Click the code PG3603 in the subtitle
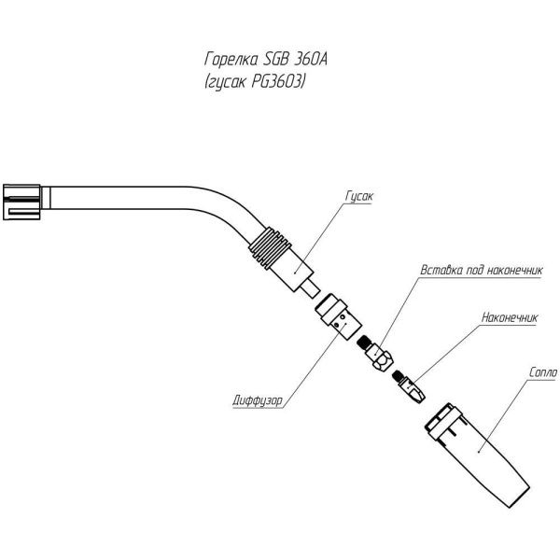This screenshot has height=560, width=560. (275, 82)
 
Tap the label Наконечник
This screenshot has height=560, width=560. (511, 317)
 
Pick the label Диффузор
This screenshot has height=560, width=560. (258, 403)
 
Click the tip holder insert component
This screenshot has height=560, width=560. (378, 354)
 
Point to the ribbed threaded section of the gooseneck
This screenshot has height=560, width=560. (270, 249)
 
